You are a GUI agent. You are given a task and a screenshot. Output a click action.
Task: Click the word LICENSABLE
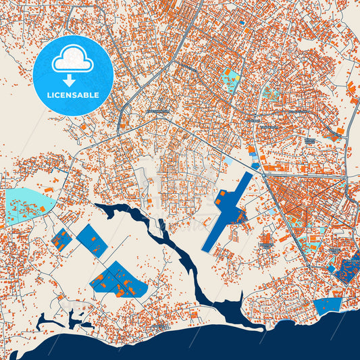tap(72, 95)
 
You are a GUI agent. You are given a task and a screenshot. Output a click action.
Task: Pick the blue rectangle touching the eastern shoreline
tap(328, 306)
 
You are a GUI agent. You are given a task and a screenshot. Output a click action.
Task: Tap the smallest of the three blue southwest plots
tap(61, 240)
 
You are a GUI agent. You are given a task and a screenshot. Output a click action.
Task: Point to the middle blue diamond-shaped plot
tap(91, 240)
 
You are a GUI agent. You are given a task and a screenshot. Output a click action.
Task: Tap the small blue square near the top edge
tap(242, 22)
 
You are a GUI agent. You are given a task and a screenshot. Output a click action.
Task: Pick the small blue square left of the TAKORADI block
tap(332, 269)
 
